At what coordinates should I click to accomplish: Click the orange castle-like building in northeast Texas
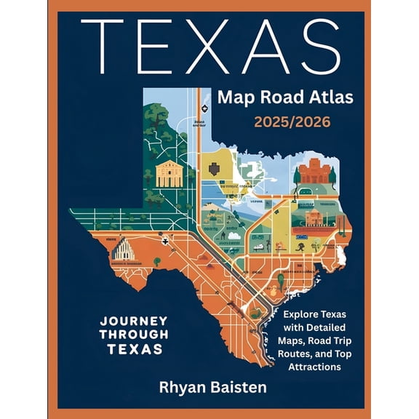(314, 172)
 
